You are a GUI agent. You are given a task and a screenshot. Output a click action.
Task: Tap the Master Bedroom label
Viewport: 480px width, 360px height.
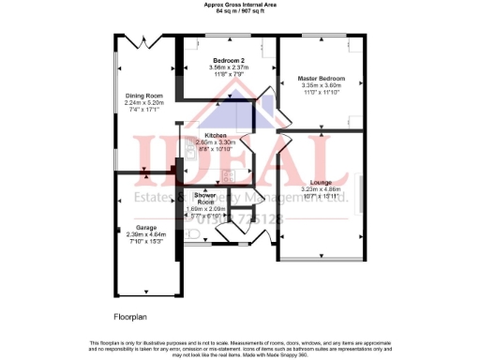coord(321,77)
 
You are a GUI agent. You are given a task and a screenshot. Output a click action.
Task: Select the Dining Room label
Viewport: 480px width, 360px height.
coord(144,95)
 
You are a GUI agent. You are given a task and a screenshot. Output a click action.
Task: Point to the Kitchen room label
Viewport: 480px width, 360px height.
coord(216,136)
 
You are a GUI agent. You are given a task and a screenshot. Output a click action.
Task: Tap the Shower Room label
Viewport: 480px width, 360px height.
coord(206,199)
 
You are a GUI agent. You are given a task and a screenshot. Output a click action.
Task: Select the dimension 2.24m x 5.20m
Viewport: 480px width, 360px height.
coord(144,101)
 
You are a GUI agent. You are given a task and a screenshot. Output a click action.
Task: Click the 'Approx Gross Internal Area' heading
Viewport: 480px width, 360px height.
coord(239,5)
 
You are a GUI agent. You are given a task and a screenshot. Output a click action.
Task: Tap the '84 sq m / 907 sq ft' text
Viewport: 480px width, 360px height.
coord(239,11)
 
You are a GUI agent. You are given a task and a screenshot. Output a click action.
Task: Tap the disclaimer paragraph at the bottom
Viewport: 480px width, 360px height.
coord(239,348)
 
